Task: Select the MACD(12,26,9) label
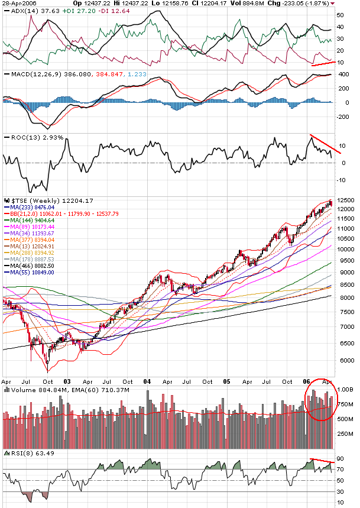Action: (x=27, y=74)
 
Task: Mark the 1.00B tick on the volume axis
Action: (x=346, y=390)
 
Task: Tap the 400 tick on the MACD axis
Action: (x=342, y=75)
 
